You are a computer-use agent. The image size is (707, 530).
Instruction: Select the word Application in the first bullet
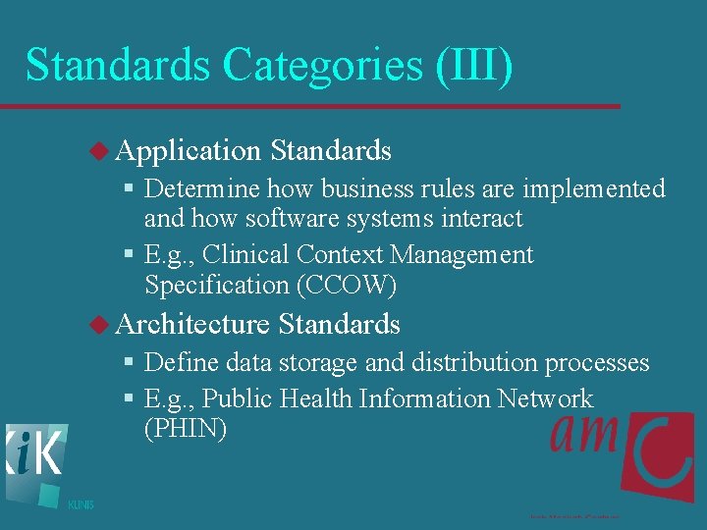pyautogui.click(x=188, y=150)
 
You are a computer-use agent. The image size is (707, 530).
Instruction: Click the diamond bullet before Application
pyautogui.click(x=101, y=150)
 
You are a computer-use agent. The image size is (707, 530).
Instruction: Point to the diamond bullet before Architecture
pyautogui.click(x=101, y=324)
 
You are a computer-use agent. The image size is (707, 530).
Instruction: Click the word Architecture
pyautogui.click(x=192, y=324)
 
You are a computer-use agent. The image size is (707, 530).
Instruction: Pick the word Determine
pyautogui.click(x=202, y=188)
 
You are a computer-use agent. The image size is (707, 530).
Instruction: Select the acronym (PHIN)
pyautogui.click(x=186, y=429)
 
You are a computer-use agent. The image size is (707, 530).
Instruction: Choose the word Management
pyautogui.click(x=462, y=255)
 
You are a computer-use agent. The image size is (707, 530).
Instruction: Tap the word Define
pyautogui.click(x=182, y=363)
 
